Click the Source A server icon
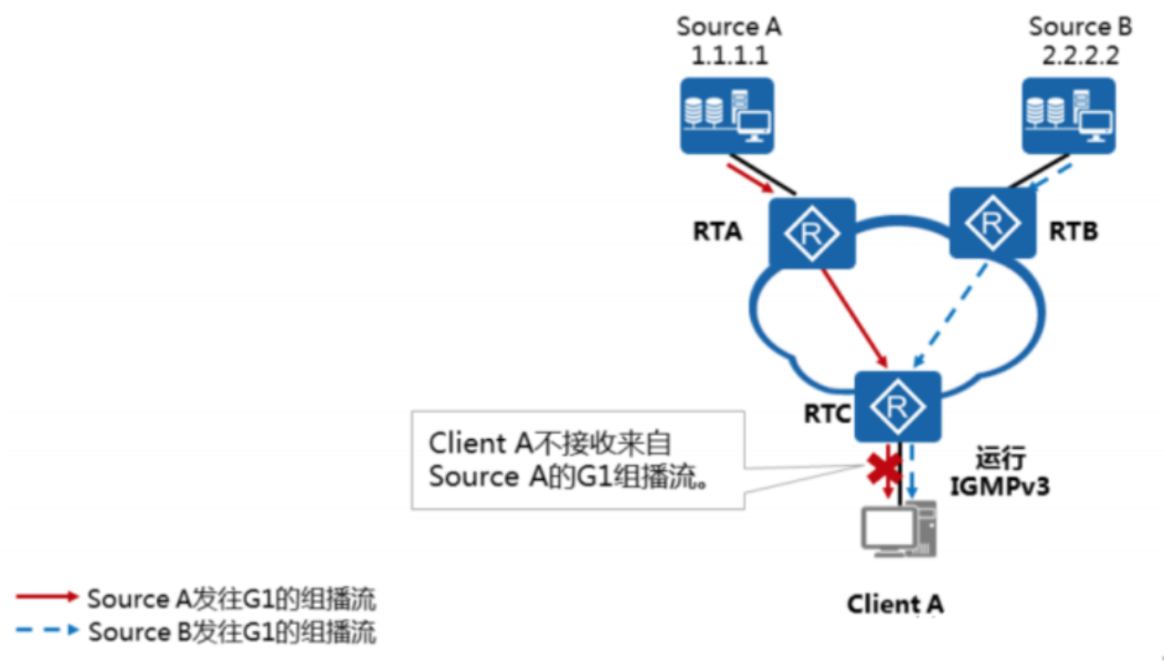[x=726, y=115]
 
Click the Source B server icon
[x=1068, y=115]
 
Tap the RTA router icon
[x=811, y=233]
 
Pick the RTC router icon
[x=897, y=406]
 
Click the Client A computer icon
[x=898, y=530]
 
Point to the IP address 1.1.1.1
[x=729, y=55]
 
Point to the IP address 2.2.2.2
[x=1080, y=55]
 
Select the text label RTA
[x=718, y=232]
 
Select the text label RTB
[x=1073, y=232]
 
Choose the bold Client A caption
[x=895, y=605]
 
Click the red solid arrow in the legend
[x=48, y=598]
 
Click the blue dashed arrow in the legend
[x=48, y=631]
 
